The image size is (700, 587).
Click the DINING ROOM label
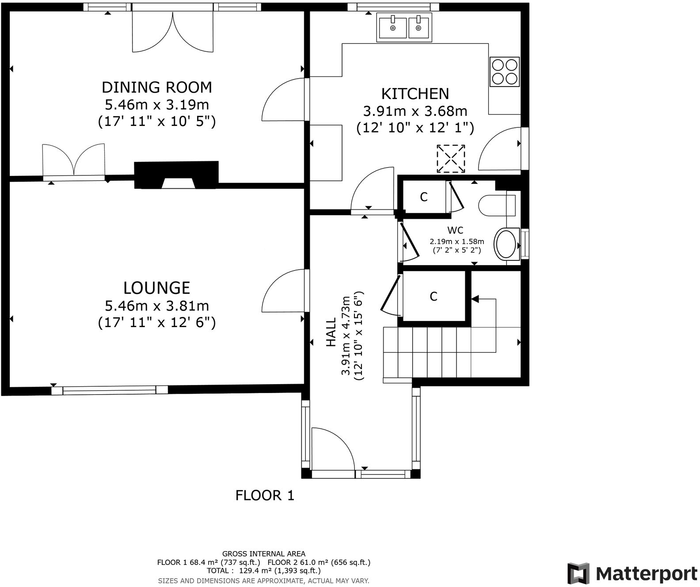pyautogui.click(x=157, y=88)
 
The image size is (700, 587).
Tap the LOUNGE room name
pyautogui.click(x=157, y=288)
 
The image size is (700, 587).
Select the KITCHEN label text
pyautogui.click(x=415, y=94)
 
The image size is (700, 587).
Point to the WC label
pyautogui.click(x=455, y=230)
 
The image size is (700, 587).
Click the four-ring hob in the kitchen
pyautogui.click(x=505, y=72)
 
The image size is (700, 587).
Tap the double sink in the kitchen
pyautogui.click(x=404, y=27)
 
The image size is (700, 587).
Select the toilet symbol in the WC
pyautogui.click(x=497, y=205)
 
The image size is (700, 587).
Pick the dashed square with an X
pyautogui.click(x=451, y=159)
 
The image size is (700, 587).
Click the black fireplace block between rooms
pyautogui.click(x=177, y=174)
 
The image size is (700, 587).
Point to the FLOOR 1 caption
pyautogui.click(x=265, y=496)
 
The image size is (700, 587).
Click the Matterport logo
pyautogui.click(x=632, y=574)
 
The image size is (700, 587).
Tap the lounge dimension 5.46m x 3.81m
pyautogui.click(x=157, y=305)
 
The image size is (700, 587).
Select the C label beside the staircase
pyautogui.click(x=434, y=296)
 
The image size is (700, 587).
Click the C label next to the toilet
pyautogui.click(x=424, y=197)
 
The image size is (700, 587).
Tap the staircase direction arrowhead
pyautogui.click(x=475, y=299)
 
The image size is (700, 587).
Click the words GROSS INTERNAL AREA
pyautogui.click(x=263, y=553)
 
